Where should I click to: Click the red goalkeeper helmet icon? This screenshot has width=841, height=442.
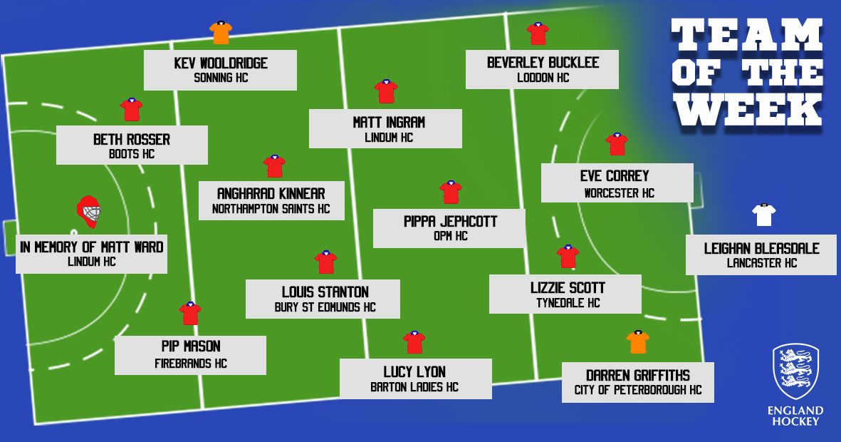[x=88, y=212]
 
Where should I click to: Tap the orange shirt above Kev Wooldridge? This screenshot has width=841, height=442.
[x=221, y=33]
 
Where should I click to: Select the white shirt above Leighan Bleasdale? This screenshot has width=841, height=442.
[x=764, y=215]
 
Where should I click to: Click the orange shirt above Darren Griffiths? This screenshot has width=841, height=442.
[x=638, y=342]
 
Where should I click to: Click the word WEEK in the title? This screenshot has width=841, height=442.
[x=749, y=110]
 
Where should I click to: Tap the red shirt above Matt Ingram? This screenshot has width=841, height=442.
[x=386, y=91]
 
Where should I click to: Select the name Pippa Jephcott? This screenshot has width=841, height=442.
[x=450, y=221]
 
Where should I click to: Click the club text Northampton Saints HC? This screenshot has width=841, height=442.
[x=271, y=209]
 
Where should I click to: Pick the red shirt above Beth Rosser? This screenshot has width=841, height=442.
[x=132, y=110]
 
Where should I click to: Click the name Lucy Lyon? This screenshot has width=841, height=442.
[x=414, y=371]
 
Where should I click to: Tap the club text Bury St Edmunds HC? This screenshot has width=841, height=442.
[x=325, y=307]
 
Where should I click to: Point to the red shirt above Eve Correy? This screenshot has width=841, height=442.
[x=617, y=145]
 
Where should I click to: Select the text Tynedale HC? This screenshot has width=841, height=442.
[x=568, y=303]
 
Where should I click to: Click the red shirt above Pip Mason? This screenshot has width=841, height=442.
[x=190, y=314]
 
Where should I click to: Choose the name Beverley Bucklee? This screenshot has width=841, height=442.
[x=543, y=63]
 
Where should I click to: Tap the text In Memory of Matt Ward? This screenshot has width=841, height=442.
[x=92, y=247]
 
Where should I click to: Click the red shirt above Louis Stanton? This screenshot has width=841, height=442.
[x=325, y=262]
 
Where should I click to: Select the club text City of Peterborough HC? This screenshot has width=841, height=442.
[x=638, y=390]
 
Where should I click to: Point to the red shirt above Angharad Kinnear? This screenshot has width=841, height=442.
[x=274, y=167]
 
